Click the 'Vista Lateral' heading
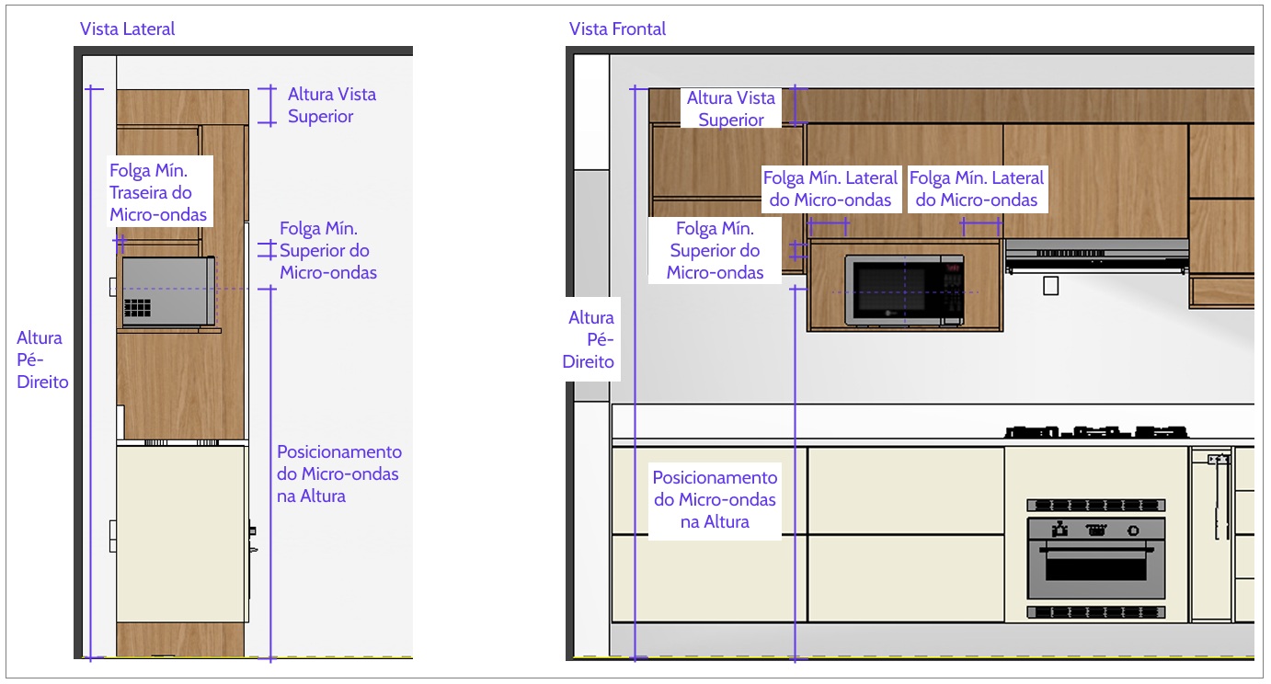click(127, 28)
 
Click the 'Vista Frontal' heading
click(617, 28)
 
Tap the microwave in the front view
click(904, 291)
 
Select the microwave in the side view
click(168, 291)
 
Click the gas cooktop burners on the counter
click(1096, 432)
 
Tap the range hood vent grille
click(1071, 253)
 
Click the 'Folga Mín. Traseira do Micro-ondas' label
click(158, 192)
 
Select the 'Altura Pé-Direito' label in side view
click(42, 359)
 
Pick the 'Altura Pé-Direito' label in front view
click(589, 339)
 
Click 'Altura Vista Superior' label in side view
click(332, 105)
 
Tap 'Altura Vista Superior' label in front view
click(731, 108)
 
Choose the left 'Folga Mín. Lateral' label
click(830, 188)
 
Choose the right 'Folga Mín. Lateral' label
click(977, 188)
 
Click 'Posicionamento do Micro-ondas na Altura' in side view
click(339, 473)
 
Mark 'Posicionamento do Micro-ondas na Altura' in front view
click(715, 499)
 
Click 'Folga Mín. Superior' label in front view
click(715, 250)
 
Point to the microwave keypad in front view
click(952, 291)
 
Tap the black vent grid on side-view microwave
click(137, 307)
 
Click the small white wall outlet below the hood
click(1050, 285)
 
